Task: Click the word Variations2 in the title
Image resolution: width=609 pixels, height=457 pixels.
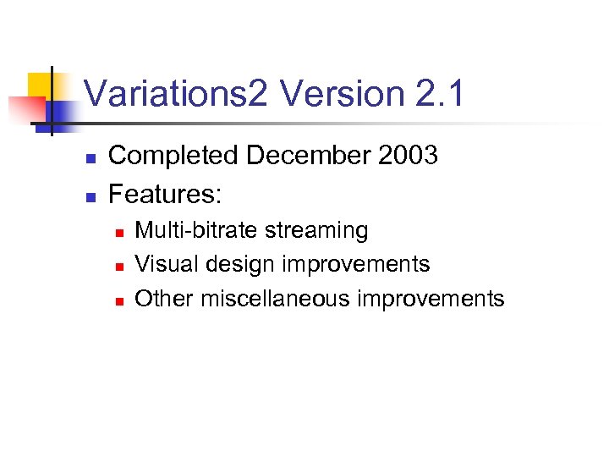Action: click(x=175, y=93)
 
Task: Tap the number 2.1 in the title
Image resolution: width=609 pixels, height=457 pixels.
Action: click(x=441, y=93)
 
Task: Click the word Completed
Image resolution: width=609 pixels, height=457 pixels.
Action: click(x=174, y=156)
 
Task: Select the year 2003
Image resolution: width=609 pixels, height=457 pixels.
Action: click(x=409, y=156)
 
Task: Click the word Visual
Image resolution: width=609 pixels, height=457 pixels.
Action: click(x=162, y=264)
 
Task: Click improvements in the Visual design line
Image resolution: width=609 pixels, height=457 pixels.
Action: click(x=356, y=265)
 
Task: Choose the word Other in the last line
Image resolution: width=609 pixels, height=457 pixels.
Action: click(x=161, y=299)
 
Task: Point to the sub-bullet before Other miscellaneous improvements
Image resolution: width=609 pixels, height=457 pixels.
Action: click(x=120, y=300)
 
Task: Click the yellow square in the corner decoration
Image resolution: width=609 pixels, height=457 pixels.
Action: click(x=41, y=85)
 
